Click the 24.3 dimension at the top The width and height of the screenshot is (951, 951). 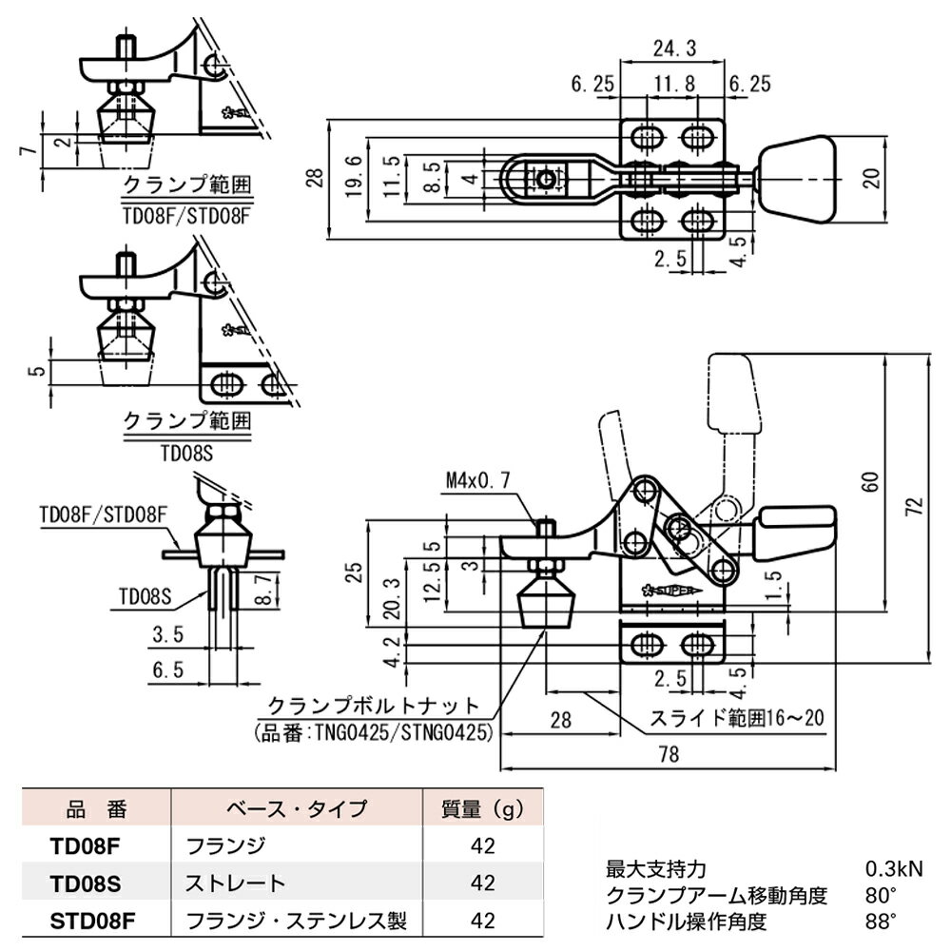click(673, 47)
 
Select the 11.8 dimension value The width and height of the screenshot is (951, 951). click(673, 85)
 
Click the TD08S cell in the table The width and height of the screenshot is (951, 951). click(85, 883)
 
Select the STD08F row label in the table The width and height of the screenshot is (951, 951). click(85, 921)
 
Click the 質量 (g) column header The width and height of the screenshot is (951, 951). click(483, 810)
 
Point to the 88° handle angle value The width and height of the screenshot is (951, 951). click(881, 921)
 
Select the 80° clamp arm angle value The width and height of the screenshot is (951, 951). click(881, 895)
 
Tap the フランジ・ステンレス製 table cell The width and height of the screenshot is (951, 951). click(297, 921)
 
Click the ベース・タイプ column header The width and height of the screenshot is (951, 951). click(297, 810)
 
